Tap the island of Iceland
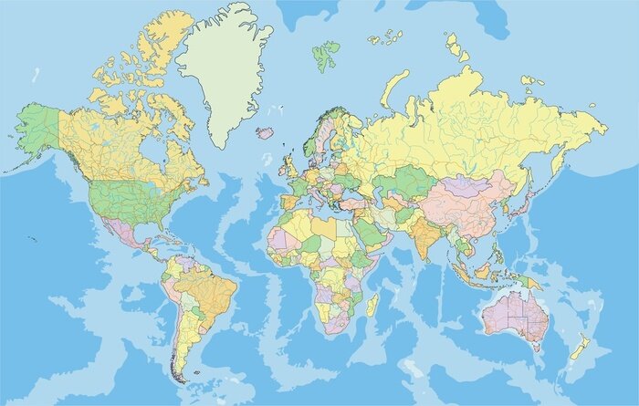click(266, 132)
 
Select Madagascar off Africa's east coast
click(372, 305)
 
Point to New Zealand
click(579, 349)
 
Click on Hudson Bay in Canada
click(154, 146)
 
